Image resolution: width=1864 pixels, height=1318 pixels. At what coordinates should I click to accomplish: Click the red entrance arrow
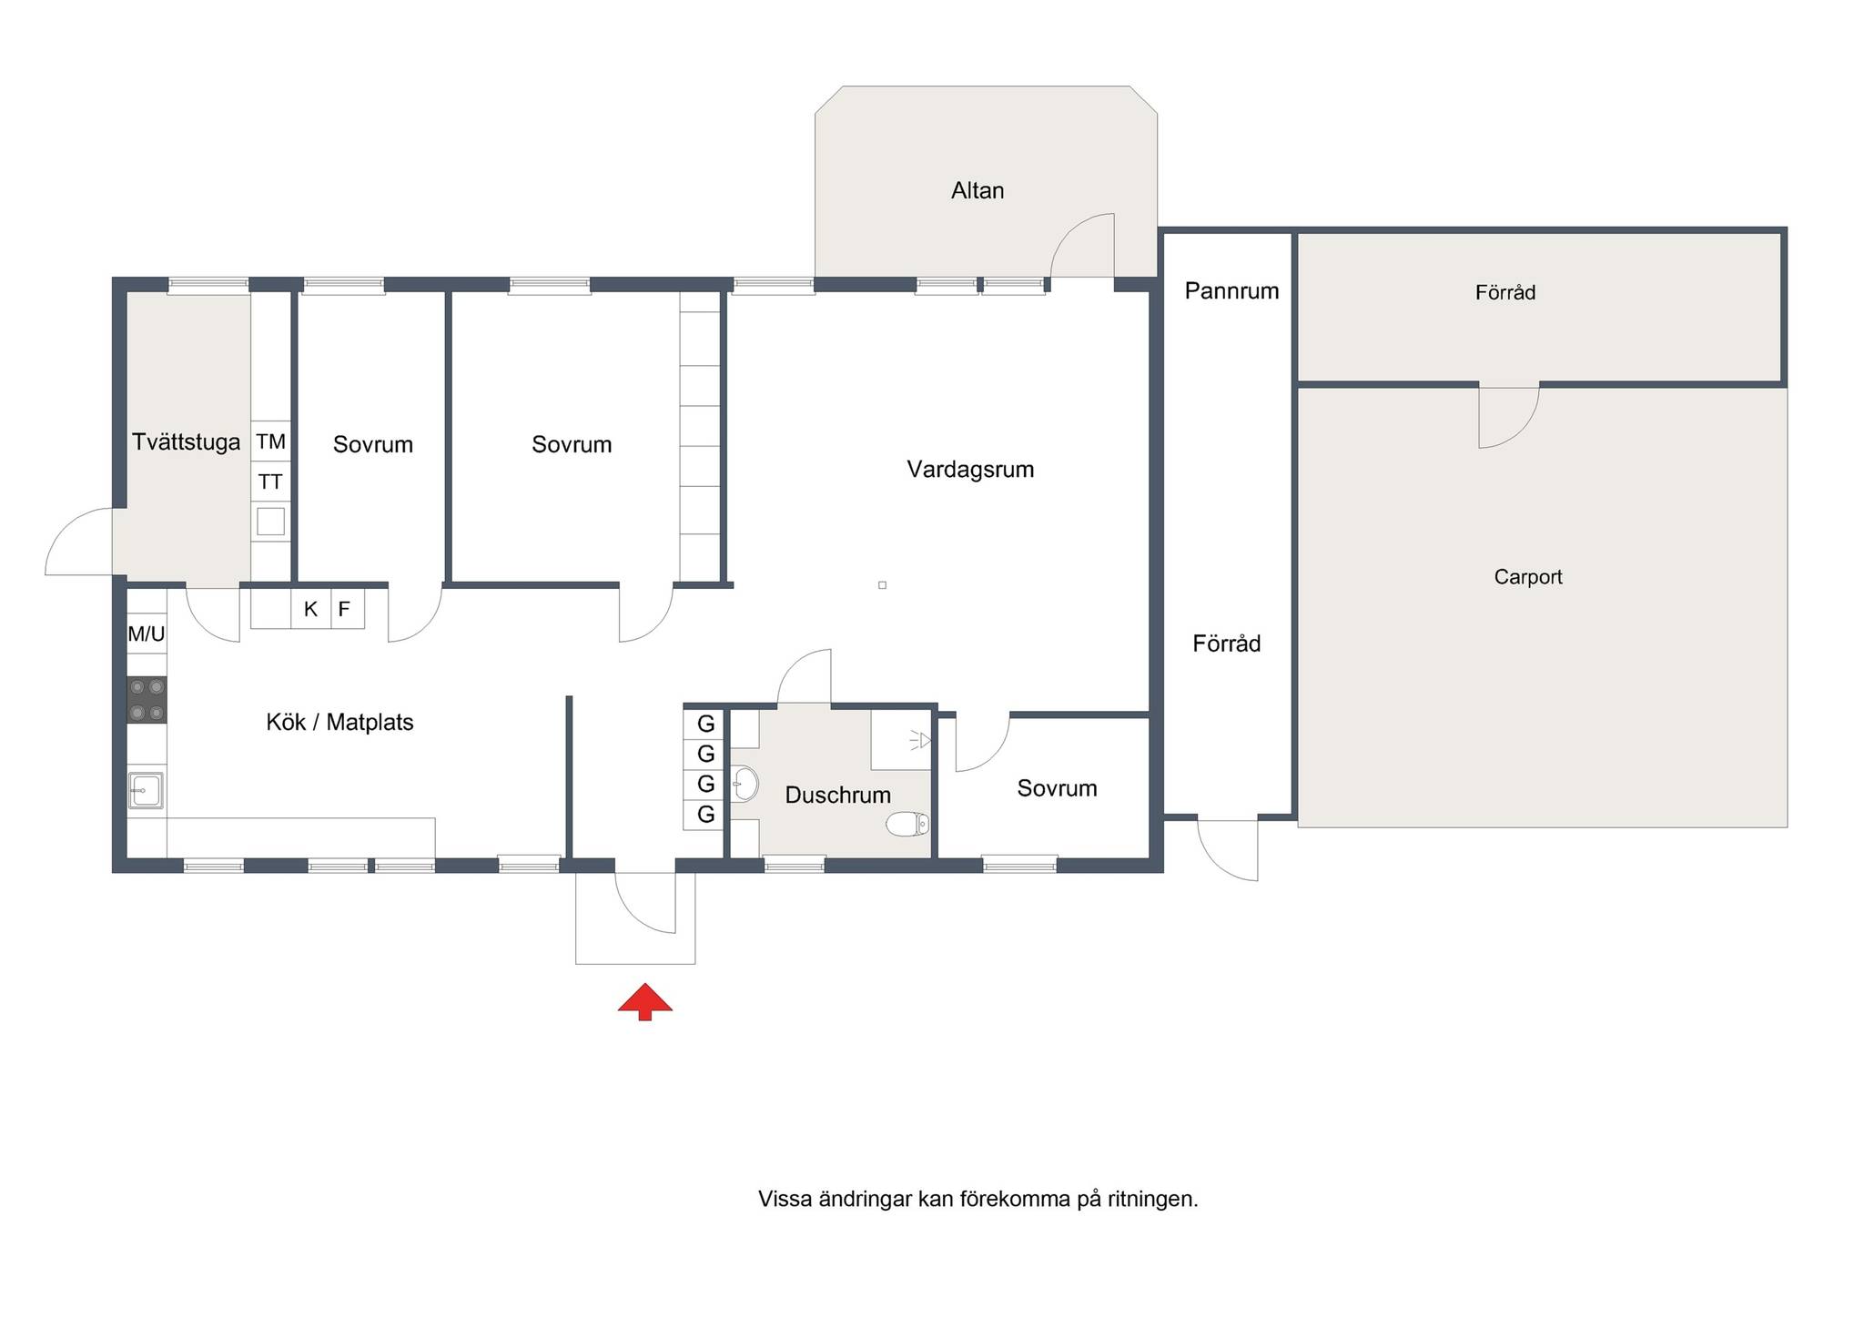(x=645, y=1001)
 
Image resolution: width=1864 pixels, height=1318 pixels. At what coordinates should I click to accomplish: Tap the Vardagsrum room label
(x=970, y=470)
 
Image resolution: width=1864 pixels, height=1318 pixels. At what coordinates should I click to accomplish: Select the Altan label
(x=978, y=191)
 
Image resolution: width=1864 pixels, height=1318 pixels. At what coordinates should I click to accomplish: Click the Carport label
(x=1528, y=577)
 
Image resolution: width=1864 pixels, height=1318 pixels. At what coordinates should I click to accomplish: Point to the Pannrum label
(x=1231, y=291)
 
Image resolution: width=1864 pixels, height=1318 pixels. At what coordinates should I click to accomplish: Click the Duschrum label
(x=837, y=796)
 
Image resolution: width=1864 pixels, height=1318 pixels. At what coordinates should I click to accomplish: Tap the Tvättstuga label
(x=187, y=442)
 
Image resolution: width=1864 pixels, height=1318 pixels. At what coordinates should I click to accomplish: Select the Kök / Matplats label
(x=339, y=723)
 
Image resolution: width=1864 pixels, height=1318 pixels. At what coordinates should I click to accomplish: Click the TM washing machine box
(x=271, y=441)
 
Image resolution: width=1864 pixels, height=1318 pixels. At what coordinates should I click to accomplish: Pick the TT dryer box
(x=271, y=482)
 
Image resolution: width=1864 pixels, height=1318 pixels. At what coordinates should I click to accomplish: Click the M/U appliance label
(x=147, y=634)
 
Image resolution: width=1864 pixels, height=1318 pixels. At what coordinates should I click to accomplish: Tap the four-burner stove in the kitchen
(x=147, y=700)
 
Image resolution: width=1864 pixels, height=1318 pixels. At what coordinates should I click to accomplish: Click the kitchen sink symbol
(x=146, y=790)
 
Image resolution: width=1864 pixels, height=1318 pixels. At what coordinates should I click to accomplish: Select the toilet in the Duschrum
(x=907, y=824)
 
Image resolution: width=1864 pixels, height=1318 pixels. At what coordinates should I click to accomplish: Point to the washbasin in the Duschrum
(x=745, y=783)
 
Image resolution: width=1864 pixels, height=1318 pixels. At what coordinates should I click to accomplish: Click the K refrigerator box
(x=310, y=609)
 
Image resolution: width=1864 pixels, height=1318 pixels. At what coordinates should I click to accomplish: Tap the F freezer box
(x=344, y=609)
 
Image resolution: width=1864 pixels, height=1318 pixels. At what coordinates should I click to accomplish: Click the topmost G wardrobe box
(x=704, y=725)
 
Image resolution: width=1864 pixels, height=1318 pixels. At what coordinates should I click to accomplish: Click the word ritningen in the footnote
(x=1152, y=1200)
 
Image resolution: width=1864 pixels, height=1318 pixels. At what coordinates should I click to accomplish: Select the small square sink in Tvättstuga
(x=271, y=522)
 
